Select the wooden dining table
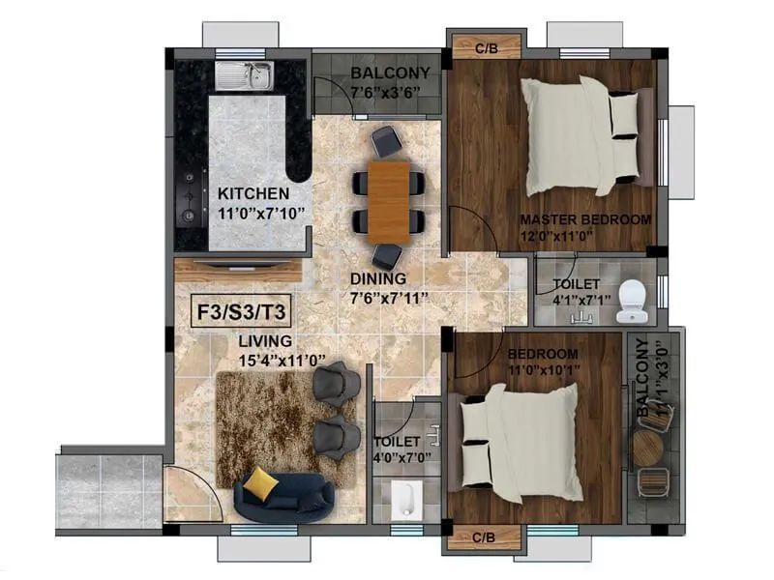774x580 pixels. point(388,201)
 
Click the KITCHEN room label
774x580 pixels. point(253,193)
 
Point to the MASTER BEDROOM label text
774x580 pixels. point(585,219)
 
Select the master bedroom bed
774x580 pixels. point(580,135)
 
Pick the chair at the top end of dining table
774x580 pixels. point(386,141)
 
